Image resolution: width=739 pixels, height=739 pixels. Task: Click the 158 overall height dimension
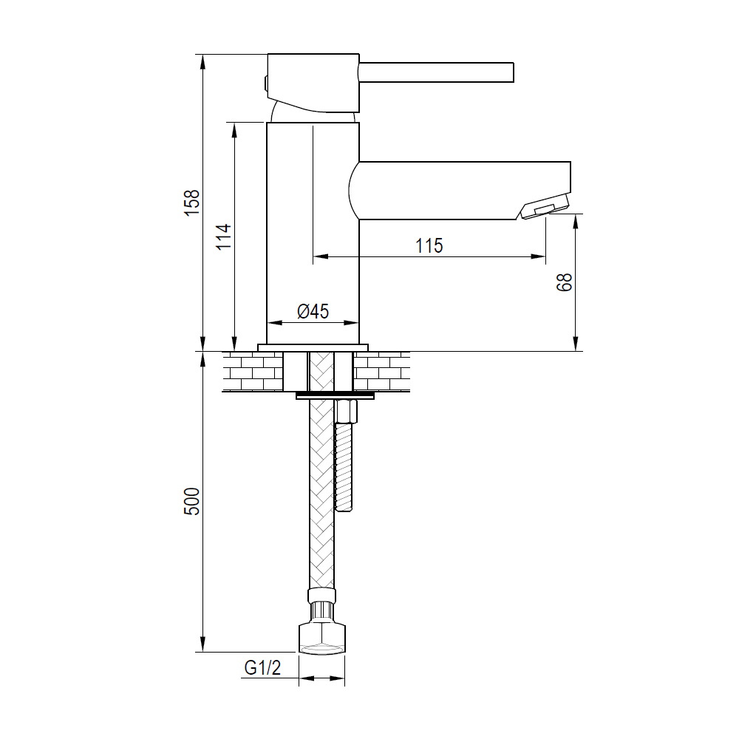[192, 202]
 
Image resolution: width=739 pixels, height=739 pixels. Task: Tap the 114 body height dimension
[224, 236]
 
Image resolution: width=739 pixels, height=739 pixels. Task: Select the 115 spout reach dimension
[429, 245]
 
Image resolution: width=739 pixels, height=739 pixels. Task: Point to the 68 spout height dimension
[565, 282]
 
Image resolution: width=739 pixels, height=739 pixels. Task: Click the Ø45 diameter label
[313, 311]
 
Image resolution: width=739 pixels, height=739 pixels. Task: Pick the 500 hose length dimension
[192, 501]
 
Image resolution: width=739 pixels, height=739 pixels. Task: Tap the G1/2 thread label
[262, 667]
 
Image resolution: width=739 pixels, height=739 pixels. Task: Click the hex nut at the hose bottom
[322, 639]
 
